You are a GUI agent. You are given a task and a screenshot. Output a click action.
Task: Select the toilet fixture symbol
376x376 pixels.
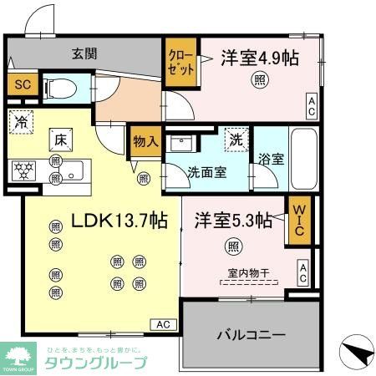tap(58, 87)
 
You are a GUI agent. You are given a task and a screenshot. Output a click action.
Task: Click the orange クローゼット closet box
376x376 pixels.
tap(179, 64)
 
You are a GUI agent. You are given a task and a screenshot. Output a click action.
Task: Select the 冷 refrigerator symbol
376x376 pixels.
tap(23, 121)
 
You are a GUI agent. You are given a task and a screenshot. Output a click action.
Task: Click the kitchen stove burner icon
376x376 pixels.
tap(23, 170)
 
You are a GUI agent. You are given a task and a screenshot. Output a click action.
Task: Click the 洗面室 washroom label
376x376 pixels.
tap(206, 175)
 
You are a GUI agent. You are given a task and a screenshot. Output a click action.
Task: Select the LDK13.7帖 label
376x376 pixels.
tap(119, 221)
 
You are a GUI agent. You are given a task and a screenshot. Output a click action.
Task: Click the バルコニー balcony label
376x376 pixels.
tap(252, 336)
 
